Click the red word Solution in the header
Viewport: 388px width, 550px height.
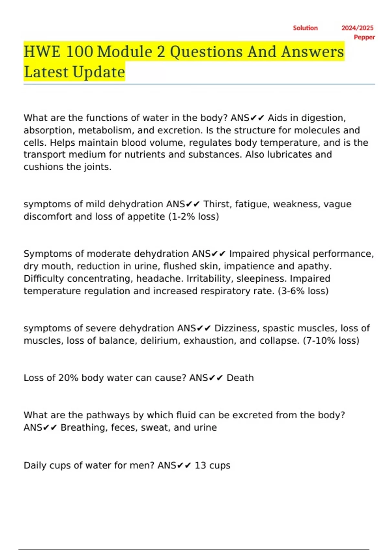pos(305,28)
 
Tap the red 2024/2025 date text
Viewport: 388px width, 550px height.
pos(357,28)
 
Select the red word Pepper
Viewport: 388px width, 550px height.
pos(364,37)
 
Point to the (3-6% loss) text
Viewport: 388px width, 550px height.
pos(303,291)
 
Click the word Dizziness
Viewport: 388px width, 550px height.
pos(236,328)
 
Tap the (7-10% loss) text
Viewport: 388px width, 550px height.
pos(331,341)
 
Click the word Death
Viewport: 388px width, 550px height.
pos(240,378)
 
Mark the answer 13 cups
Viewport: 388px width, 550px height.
pos(212,466)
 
